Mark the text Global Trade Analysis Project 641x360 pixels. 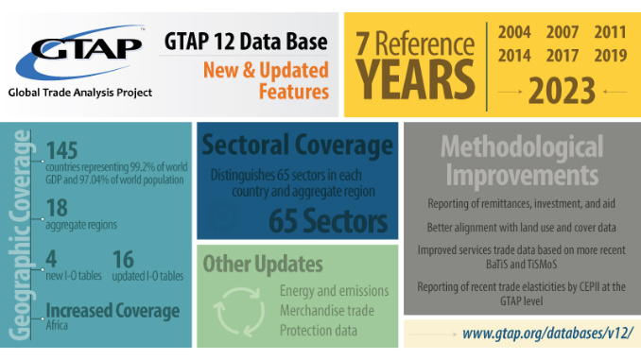[79, 93]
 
